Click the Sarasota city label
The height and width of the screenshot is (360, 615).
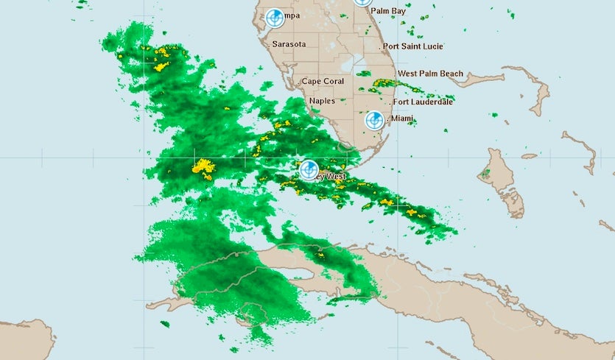click(x=289, y=44)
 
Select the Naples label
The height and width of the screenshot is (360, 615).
click(x=322, y=101)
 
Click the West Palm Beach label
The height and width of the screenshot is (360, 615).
click(x=430, y=74)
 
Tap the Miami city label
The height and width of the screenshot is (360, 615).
click(x=402, y=119)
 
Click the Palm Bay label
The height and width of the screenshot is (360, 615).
click(x=388, y=12)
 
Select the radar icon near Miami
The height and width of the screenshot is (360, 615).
click(x=375, y=120)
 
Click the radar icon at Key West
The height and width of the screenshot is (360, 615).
click(x=309, y=170)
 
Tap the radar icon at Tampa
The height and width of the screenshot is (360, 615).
click(x=275, y=18)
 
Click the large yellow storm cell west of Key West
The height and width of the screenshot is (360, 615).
click(x=203, y=168)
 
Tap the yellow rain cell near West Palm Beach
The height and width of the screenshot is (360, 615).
click(x=384, y=83)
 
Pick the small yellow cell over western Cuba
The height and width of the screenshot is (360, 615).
click(x=320, y=255)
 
